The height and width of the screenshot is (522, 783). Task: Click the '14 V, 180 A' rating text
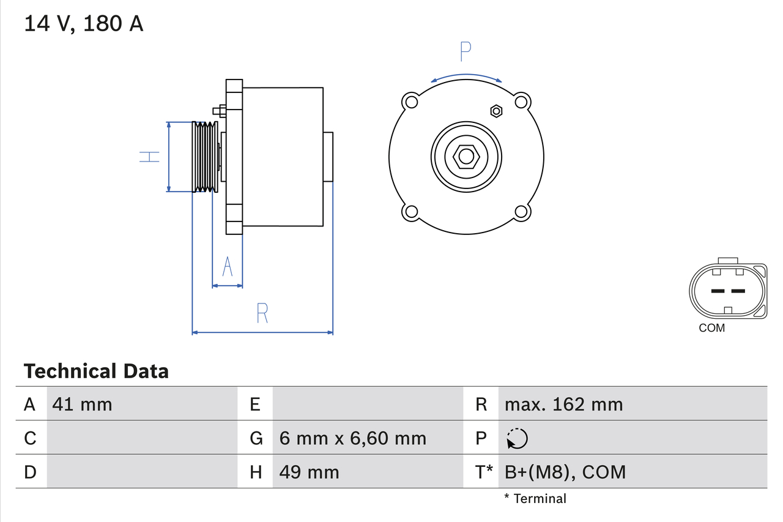(84, 24)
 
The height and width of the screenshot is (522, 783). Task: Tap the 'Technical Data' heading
(96, 371)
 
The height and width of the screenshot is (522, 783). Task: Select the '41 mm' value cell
(83, 404)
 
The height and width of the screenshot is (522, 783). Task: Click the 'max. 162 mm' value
(563, 404)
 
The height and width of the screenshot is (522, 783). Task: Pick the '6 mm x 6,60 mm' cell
(352, 438)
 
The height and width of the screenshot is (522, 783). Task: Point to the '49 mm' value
(309, 472)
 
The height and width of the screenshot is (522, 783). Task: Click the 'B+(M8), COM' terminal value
(565, 472)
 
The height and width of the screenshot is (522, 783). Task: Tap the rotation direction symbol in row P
(517, 438)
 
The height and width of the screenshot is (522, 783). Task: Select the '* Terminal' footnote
(535, 498)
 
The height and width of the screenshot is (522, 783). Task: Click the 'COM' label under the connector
(711, 328)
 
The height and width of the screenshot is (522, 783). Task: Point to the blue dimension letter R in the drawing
(262, 313)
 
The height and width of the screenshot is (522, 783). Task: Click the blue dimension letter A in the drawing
(228, 267)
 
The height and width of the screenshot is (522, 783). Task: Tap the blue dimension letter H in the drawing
(149, 157)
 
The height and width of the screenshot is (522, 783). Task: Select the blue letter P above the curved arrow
(466, 52)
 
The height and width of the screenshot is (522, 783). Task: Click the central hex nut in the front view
(466, 157)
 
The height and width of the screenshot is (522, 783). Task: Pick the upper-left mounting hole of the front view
(410, 101)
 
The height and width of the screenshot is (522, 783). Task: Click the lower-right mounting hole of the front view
(521, 212)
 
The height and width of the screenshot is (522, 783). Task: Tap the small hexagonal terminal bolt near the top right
(496, 111)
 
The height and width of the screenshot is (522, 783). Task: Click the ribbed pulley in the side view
(204, 157)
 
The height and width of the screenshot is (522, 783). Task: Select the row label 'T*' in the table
(484, 472)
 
